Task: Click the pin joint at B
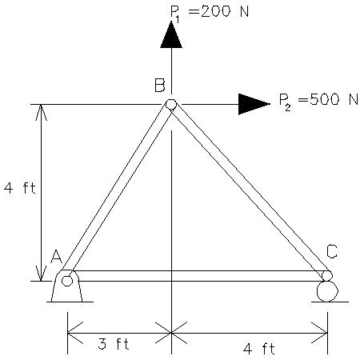pyautogui.click(x=170, y=104)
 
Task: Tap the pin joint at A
pyautogui.click(x=67, y=280)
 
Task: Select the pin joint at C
pyautogui.click(x=326, y=275)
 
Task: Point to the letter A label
pyautogui.click(x=56, y=256)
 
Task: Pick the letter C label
pyautogui.click(x=331, y=251)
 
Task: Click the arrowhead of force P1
pyautogui.click(x=170, y=34)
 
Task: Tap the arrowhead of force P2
pyautogui.click(x=254, y=104)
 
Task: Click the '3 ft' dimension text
pyautogui.click(x=114, y=343)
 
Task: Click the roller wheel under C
pyautogui.click(x=326, y=290)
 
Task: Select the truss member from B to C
pyautogui.click(x=249, y=190)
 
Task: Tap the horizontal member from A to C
pyautogui.click(x=197, y=276)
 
